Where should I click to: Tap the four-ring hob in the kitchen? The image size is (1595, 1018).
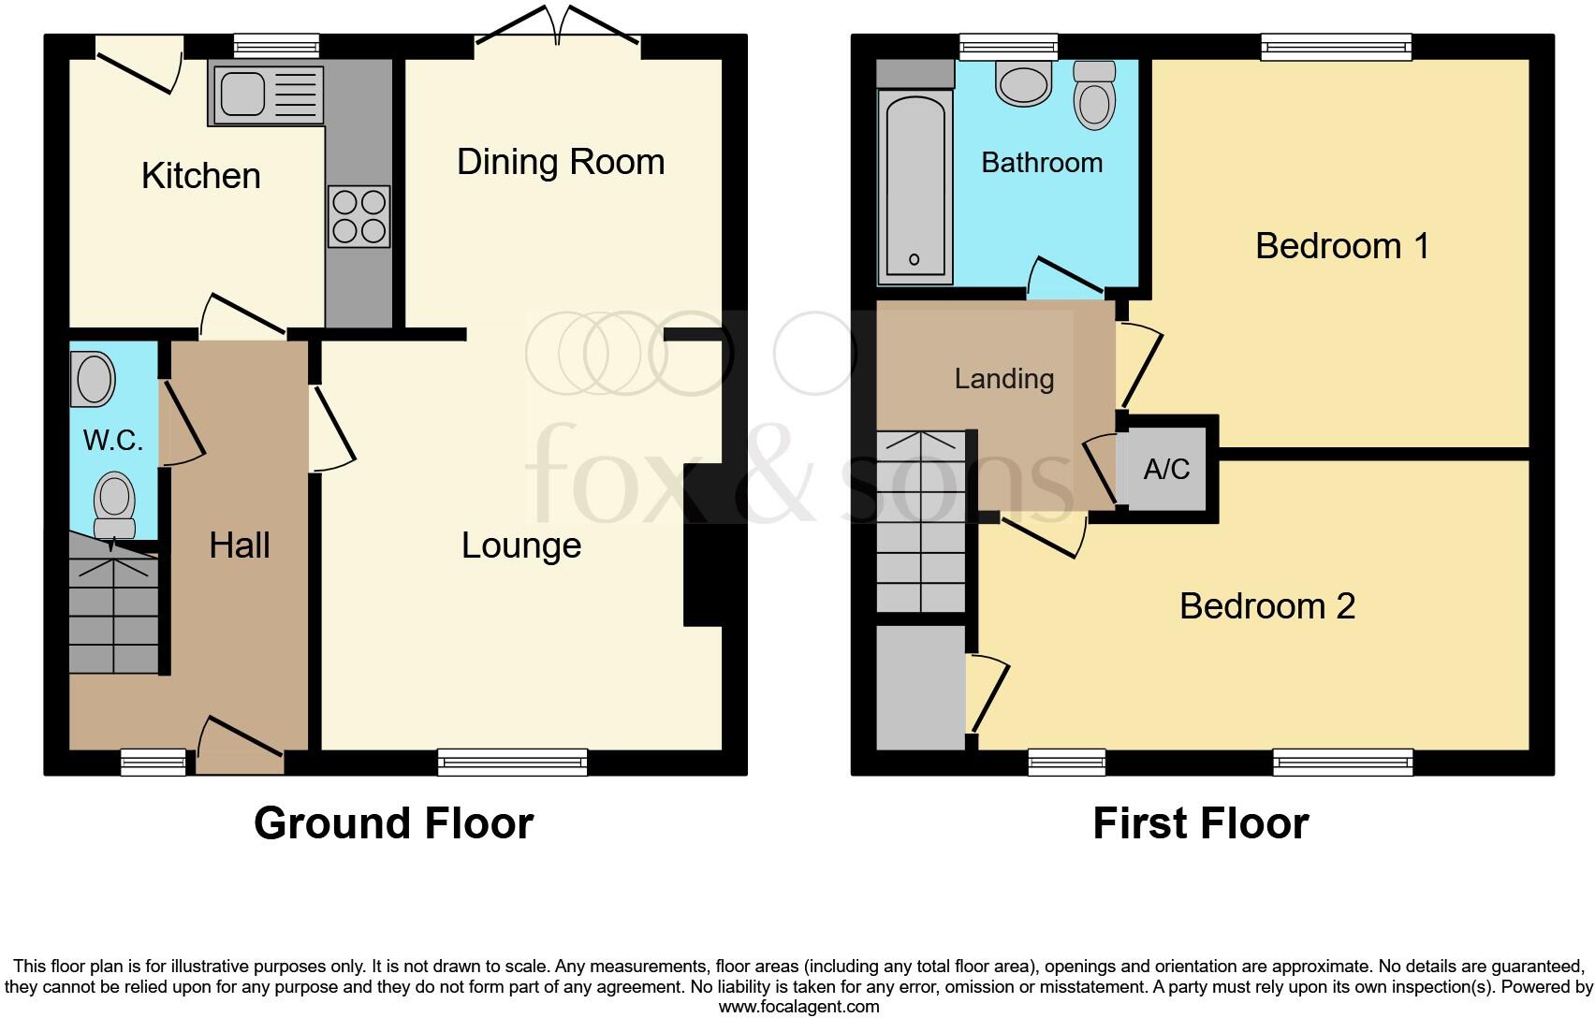pos(359,216)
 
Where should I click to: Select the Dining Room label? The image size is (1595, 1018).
pos(561,162)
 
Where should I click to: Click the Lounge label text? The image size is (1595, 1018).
pos(521,545)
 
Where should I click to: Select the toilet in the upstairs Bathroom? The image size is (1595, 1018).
pos(1094,95)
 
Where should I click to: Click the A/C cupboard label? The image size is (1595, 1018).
pos(1166,468)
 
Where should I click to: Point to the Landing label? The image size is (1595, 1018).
pos(1003,379)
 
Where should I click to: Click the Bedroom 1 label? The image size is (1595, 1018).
pos(1341,246)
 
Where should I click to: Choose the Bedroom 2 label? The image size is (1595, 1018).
pos(1266,606)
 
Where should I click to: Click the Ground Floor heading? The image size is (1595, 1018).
pos(393,823)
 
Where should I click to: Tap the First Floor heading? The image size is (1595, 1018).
pos(1200,823)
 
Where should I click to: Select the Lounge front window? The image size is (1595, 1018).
pos(512,763)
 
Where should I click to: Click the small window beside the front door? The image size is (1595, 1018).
pos(154,763)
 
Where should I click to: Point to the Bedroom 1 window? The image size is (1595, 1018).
pos(1336,46)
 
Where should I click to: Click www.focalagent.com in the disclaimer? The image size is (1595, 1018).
pos(797,1007)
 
